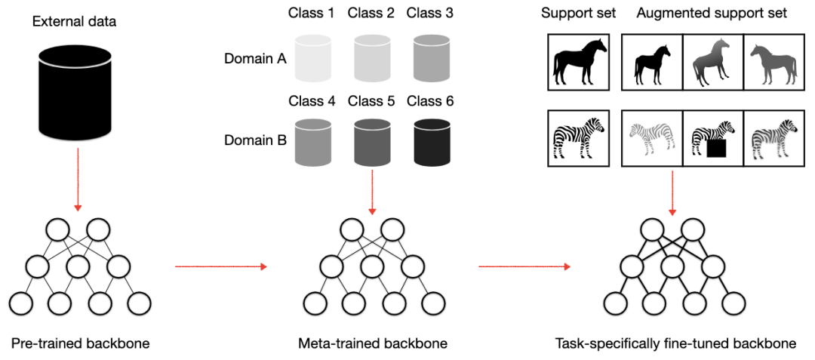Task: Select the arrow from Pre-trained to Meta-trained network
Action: click(x=220, y=266)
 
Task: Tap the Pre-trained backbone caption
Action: click(x=80, y=343)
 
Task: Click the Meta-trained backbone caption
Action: click(x=373, y=343)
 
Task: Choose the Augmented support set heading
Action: click(x=712, y=13)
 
